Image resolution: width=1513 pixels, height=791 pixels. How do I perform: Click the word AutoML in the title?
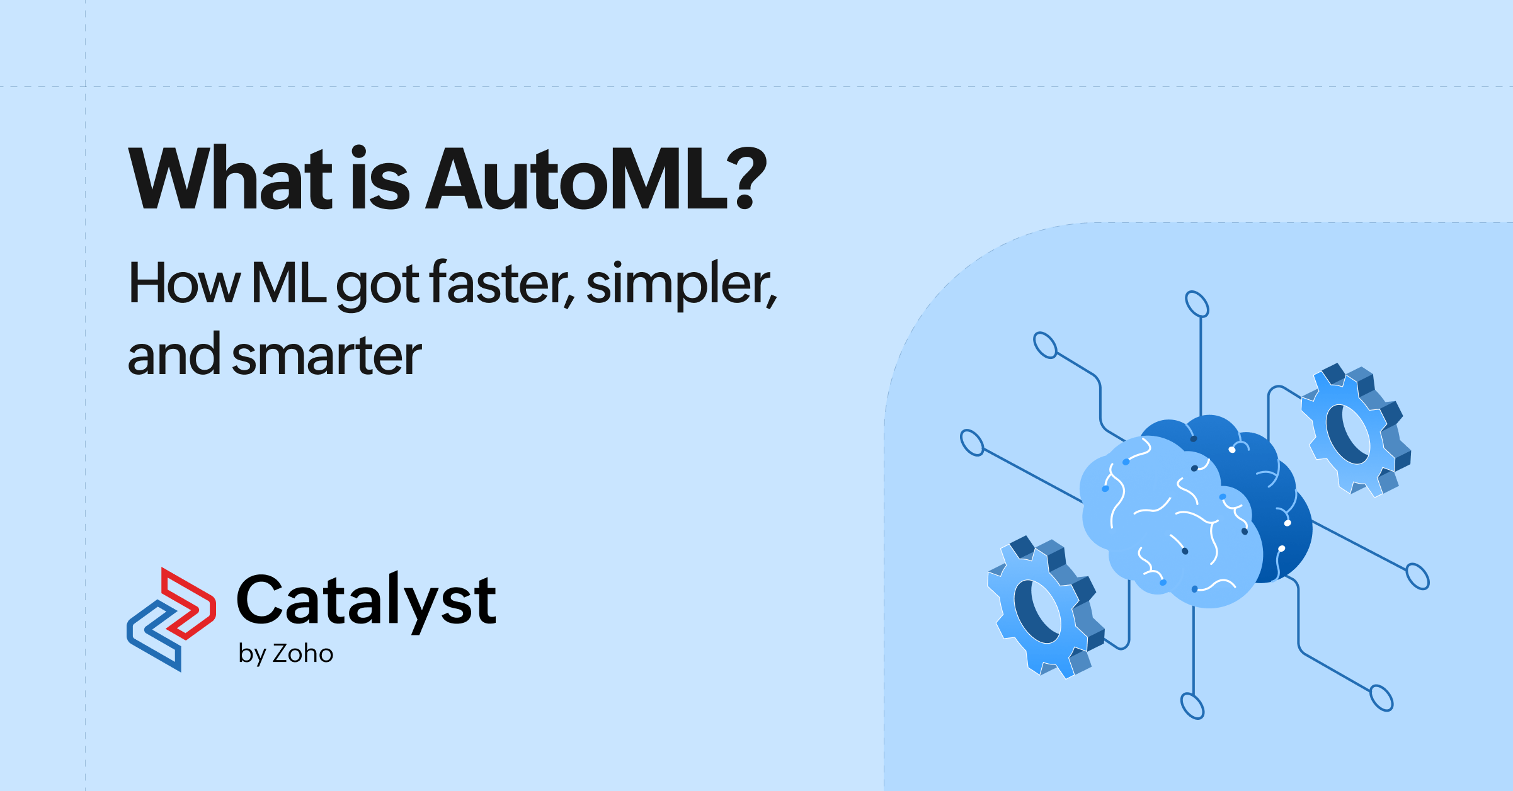coord(577,179)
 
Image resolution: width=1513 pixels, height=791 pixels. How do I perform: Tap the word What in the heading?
coord(231,179)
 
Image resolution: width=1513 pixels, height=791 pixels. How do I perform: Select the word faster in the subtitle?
coord(501,283)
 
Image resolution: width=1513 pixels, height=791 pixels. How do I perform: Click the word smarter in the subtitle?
coord(326,356)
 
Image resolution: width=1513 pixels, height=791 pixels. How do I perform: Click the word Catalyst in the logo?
coord(366,601)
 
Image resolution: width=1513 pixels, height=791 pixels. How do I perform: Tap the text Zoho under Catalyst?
coord(302,654)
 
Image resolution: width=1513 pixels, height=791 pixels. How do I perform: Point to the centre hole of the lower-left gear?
coord(1036,611)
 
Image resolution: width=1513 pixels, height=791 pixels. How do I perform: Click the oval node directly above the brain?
coord(1197,304)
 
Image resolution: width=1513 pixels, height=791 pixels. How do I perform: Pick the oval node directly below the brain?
coord(1192,706)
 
